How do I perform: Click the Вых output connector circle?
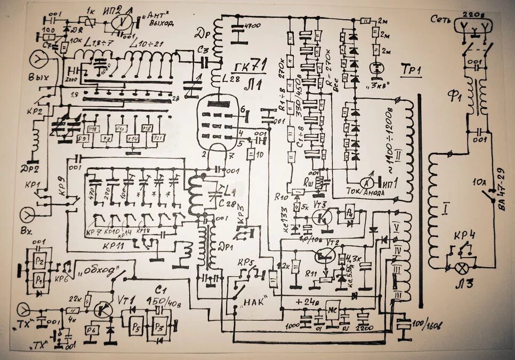coord(38,59)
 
